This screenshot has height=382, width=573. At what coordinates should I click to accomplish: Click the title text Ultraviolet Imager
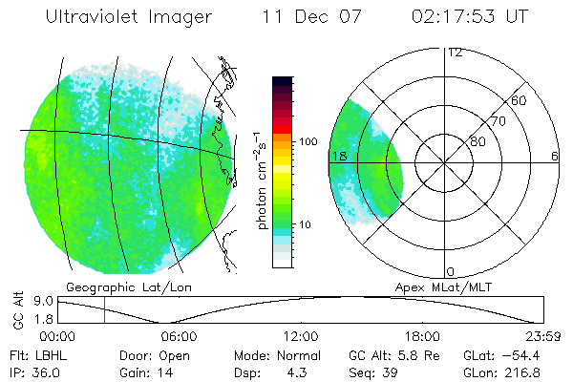(128, 16)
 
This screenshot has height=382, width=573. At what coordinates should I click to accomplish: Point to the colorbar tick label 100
(307, 141)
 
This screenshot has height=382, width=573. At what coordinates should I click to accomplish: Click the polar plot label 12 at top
(455, 53)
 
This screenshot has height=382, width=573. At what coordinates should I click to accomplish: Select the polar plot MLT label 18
(338, 156)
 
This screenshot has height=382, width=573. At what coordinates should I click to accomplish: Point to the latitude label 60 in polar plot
(520, 100)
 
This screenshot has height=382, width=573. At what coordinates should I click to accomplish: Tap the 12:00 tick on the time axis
(301, 336)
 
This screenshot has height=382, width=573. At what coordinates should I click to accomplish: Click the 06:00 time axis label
(179, 336)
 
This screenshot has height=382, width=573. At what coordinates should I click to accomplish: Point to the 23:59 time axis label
(541, 336)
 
